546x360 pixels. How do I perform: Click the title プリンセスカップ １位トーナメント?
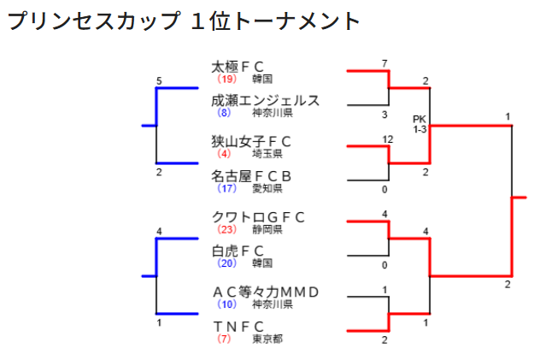coord(184,21)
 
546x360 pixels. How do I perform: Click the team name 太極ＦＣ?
coord(238,66)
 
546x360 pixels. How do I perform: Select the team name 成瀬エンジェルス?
coord(265,100)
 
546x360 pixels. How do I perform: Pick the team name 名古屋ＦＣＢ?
coord(251,176)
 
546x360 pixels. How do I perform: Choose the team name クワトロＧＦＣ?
coord(258,216)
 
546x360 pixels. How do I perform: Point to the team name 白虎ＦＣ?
coord(238,251)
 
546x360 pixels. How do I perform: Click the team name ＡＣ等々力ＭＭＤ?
coord(265,292)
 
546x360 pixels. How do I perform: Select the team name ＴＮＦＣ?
coord(238,327)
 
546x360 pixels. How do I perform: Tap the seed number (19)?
coord(226,79)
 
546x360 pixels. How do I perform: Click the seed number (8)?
coord(224,113)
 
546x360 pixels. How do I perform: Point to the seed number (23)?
coord(226,229)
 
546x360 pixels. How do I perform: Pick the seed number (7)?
coord(224,339)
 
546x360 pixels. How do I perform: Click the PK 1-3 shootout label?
coord(420,124)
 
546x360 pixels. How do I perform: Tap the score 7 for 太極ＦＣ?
coord(385,63)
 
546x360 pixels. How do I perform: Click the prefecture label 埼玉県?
coord(267,154)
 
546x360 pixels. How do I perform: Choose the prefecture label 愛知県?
coord(267,189)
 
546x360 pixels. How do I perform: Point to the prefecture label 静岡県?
coord(267,229)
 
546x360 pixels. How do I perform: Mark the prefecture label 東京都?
coord(267,339)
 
